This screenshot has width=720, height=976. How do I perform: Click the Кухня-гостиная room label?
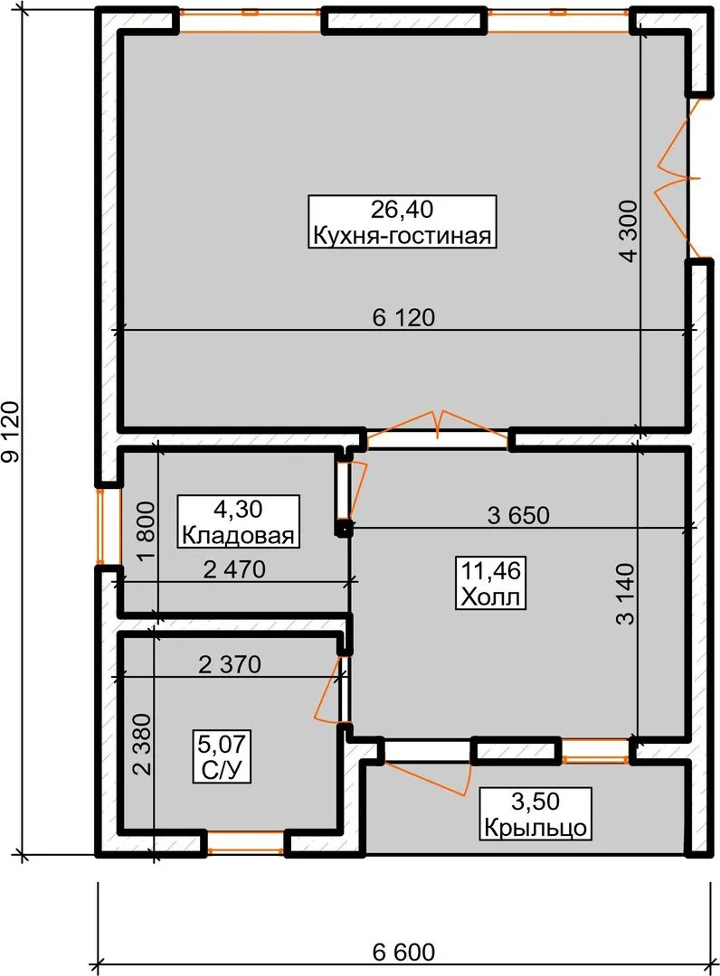pos(403,236)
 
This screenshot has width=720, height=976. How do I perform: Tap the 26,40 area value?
pos(403,209)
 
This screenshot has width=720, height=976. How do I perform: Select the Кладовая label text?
pos(238,535)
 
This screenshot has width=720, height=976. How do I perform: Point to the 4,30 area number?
pos(238,509)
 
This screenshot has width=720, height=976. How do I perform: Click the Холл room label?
pos(490,597)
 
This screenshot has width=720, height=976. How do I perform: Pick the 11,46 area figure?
pos(491,570)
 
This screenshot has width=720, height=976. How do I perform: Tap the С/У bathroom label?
pos(222,770)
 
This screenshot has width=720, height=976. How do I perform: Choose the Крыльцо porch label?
pos(535,827)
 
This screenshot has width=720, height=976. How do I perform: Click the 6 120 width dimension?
pos(403,317)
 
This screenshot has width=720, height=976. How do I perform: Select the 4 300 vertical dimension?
pos(629,231)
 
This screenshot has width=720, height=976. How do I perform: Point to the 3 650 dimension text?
pos(518,515)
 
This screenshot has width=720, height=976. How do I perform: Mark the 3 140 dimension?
pos(625,594)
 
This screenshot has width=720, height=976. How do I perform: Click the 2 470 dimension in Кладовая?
pos(234,569)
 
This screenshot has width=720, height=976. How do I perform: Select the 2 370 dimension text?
pos(230,664)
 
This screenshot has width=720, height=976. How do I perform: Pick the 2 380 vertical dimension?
pos(142,744)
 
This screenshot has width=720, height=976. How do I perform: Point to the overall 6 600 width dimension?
pos(403,952)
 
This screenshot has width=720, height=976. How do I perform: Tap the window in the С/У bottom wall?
pos(245,843)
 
